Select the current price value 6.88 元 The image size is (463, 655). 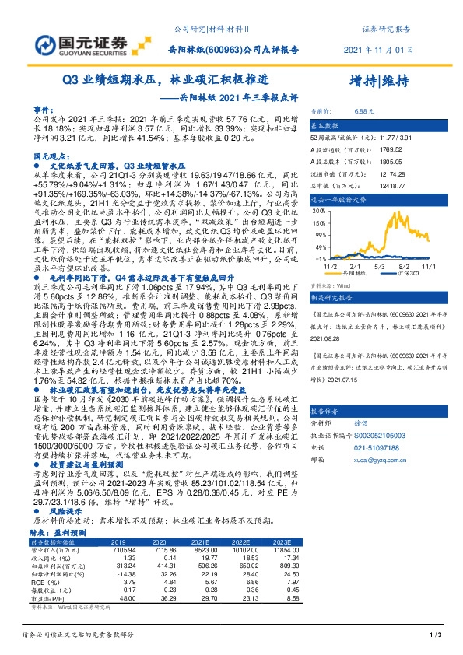pos(365,111)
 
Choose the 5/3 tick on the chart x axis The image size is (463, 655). pos(381,265)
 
